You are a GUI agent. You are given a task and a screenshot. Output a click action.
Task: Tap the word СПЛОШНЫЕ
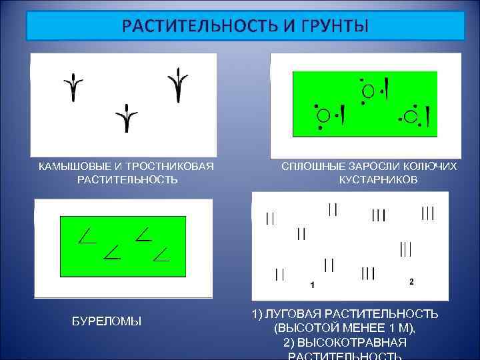click(x=311, y=167)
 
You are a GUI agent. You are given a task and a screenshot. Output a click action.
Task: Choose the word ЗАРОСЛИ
click(x=372, y=167)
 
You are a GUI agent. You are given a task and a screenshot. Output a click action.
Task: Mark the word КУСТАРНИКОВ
click(x=378, y=180)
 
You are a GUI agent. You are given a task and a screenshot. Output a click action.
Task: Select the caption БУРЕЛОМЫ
click(x=107, y=321)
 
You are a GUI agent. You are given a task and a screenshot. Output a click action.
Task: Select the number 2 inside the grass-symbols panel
click(x=411, y=281)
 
